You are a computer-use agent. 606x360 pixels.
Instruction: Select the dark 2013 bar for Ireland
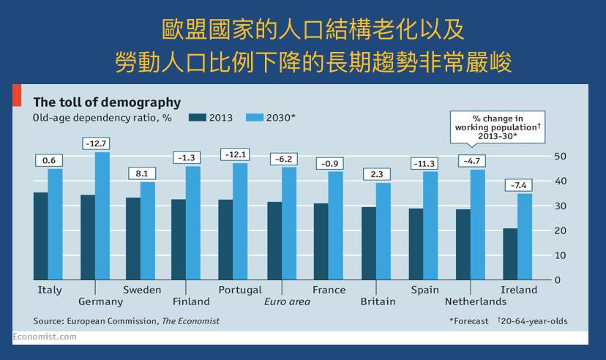point(510,254)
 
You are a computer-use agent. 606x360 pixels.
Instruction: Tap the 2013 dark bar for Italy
point(41,236)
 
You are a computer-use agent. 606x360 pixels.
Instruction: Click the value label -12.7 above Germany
point(96,143)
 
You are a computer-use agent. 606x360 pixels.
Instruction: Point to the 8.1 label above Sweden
point(142,173)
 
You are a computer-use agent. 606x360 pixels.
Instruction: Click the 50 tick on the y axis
point(561,156)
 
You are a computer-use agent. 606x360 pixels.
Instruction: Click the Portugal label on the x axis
point(240,290)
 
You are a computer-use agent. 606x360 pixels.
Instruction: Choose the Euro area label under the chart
point(287,301)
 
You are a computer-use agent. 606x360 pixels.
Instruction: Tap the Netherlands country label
point(476,301)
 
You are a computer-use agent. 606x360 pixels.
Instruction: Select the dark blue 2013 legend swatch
point(197,117)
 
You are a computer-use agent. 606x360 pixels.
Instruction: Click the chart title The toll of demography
point(107,102)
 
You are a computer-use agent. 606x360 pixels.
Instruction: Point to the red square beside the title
point(17,96)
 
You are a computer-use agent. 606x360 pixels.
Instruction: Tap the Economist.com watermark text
point(45,337)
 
